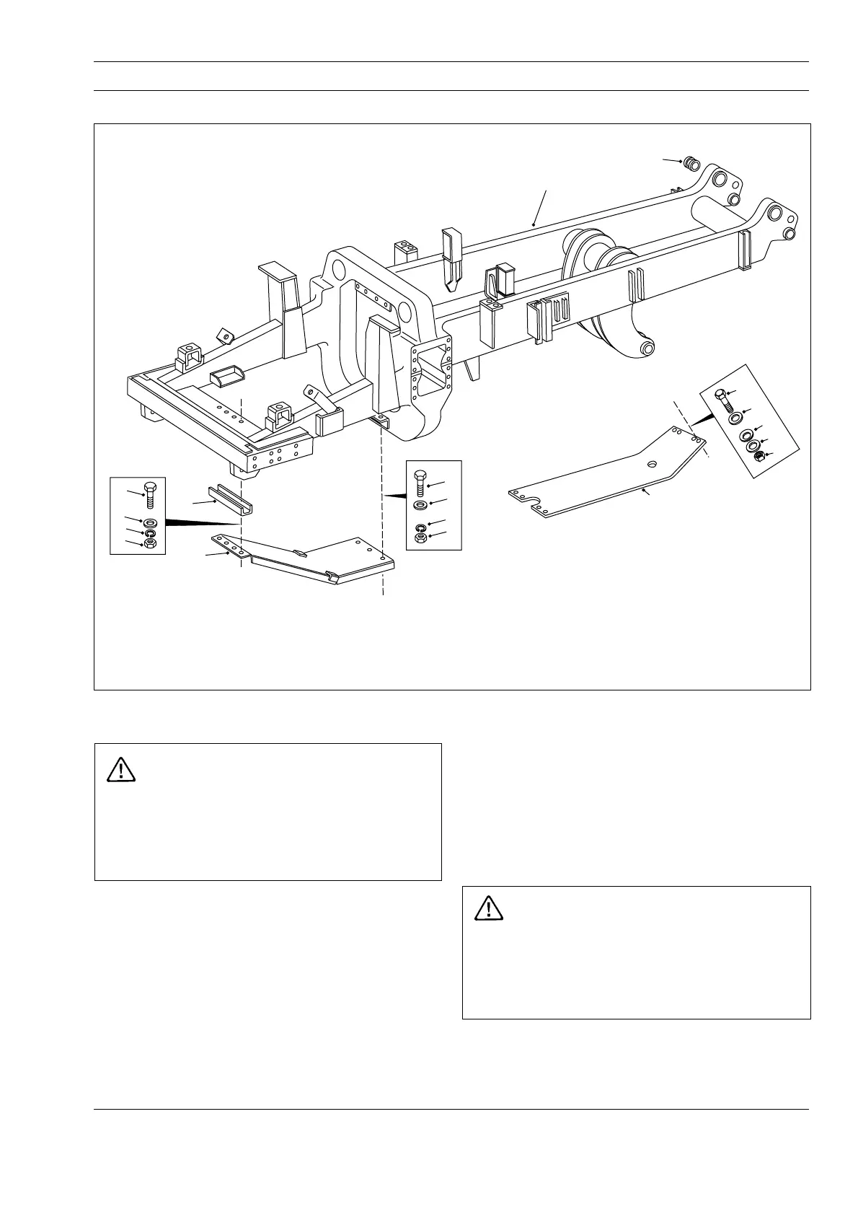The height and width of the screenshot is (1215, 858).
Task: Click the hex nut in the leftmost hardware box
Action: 151,543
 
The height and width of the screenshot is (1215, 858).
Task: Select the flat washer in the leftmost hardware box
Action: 151,522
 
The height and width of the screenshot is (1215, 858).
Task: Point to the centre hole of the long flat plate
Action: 651,464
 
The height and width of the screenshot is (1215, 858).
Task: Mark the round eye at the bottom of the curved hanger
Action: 647,349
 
